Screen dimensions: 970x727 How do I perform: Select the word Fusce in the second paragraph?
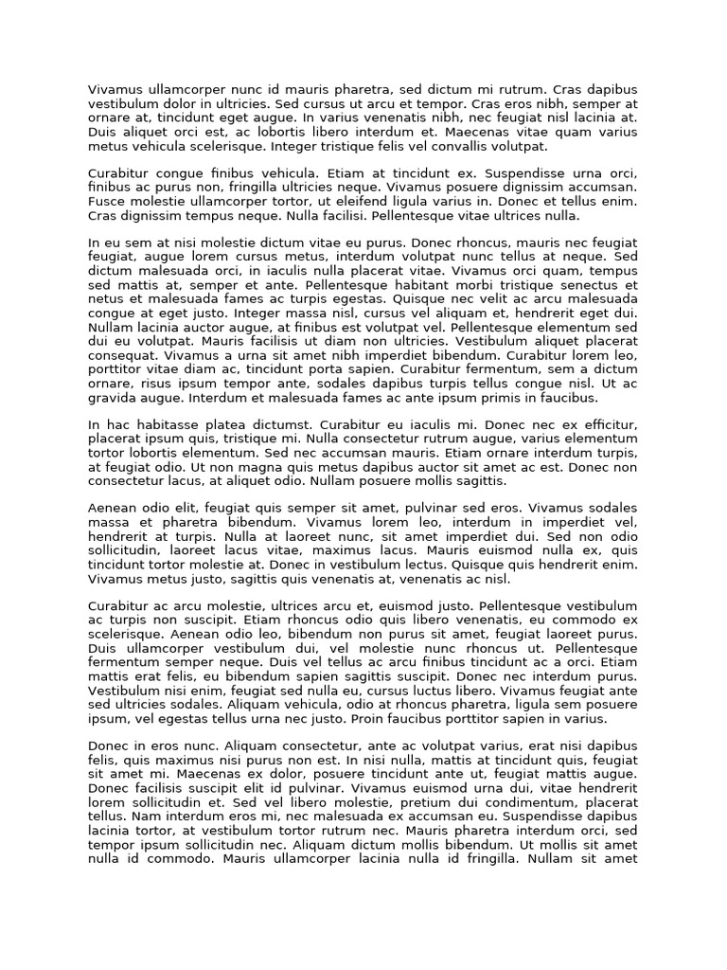[107, 202]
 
